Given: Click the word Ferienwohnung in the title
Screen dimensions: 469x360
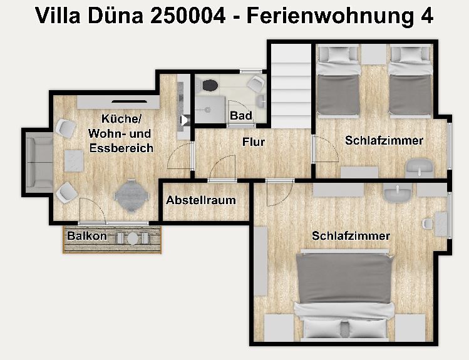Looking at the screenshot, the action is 331,16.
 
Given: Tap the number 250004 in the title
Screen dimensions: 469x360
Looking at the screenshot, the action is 188,16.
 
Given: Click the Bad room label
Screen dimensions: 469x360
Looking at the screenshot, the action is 241,115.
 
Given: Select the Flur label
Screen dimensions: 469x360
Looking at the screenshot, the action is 254,141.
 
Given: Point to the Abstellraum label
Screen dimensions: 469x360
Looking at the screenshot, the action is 201,200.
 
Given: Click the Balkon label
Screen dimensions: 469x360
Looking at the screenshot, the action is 87,235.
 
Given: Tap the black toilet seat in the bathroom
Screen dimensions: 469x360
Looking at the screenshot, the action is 210,85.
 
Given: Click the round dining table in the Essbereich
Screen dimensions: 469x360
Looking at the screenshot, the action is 131,196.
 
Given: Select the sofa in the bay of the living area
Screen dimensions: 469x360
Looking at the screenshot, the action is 39,163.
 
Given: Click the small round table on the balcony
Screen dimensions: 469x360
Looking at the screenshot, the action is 133,239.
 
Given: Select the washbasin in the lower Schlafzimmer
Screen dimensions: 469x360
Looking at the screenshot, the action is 397,193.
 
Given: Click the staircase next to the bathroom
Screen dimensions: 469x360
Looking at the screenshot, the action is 291,86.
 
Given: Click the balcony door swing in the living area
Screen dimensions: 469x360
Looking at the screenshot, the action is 92,209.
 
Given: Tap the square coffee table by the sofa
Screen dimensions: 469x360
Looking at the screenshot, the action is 74,161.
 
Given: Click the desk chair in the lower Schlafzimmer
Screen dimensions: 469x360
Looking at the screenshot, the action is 427,223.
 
